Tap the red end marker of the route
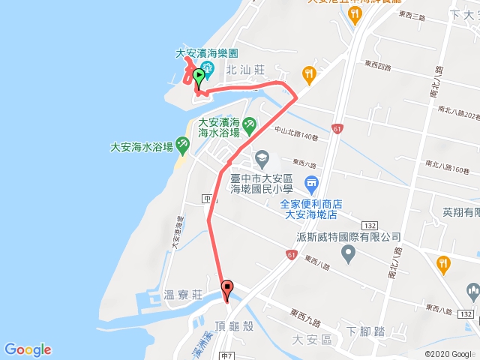pos(227,287)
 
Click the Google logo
pos(28,349)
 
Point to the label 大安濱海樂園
pos(206,54)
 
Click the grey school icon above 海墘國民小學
pos(262,158)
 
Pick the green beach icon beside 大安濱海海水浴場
pos(250,124)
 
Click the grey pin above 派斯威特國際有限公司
pos(347,255)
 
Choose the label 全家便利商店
pos(311,203)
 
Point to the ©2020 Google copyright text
pos(449,353)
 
